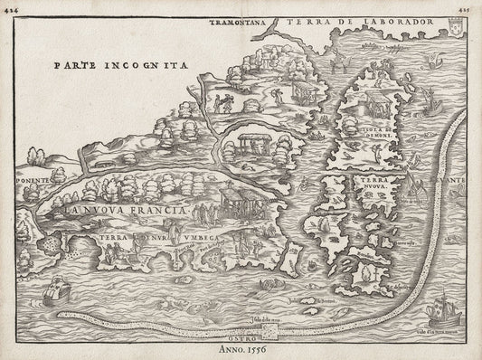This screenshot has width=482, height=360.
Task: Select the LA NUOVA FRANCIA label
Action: (124, 210)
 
